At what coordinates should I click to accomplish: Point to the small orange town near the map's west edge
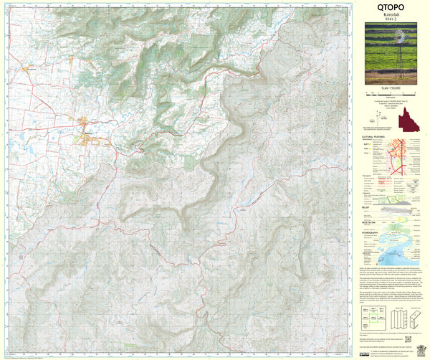coord(29,70)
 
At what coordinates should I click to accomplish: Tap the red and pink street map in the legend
coord(398,157)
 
